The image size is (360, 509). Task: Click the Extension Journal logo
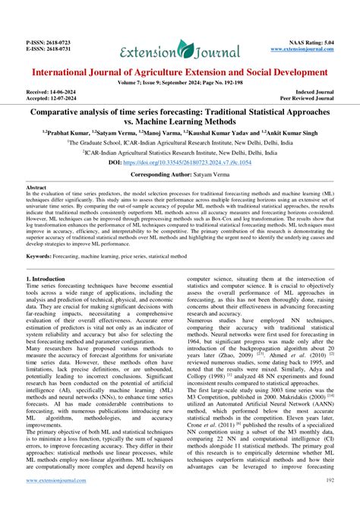[x=180, y=51]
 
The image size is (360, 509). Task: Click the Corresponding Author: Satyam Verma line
[x=180, y=175]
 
